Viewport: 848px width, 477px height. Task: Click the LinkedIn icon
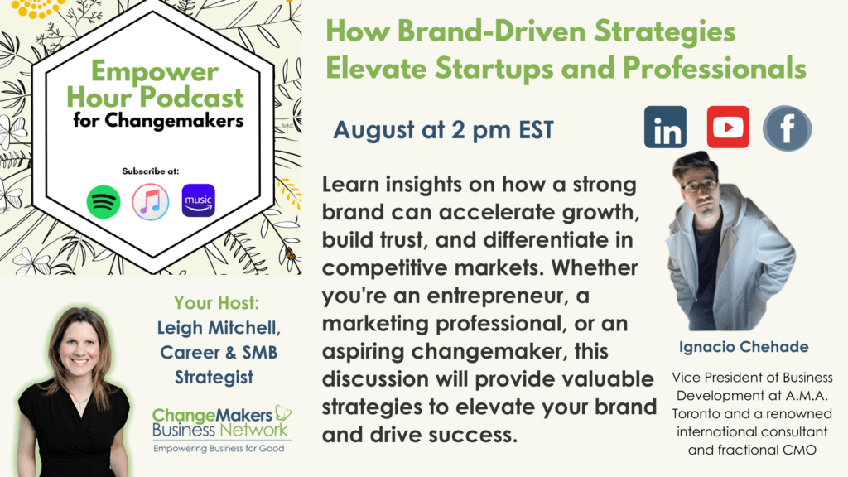click(665, 127)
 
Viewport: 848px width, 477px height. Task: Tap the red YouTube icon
click(728, 127)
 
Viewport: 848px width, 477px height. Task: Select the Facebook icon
click(787, 128)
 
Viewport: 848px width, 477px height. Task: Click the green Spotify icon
click(104, 202)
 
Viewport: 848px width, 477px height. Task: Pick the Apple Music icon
click(151, 202)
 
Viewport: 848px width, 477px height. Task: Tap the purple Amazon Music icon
click(199, 200)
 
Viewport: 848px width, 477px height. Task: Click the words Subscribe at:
click(151, 171)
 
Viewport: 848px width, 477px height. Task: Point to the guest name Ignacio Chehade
click(744, 347)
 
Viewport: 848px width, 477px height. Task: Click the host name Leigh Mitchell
click(219, 328)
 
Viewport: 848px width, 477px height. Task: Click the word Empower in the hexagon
click(155, 71)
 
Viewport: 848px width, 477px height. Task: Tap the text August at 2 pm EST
click(444, 130)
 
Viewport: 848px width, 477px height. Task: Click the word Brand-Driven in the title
click(492, 31)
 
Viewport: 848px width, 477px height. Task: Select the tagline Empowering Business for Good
click(219, 448)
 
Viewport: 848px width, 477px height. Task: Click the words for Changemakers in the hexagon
click(158, 120)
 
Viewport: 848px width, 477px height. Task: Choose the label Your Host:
click(216, 303)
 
